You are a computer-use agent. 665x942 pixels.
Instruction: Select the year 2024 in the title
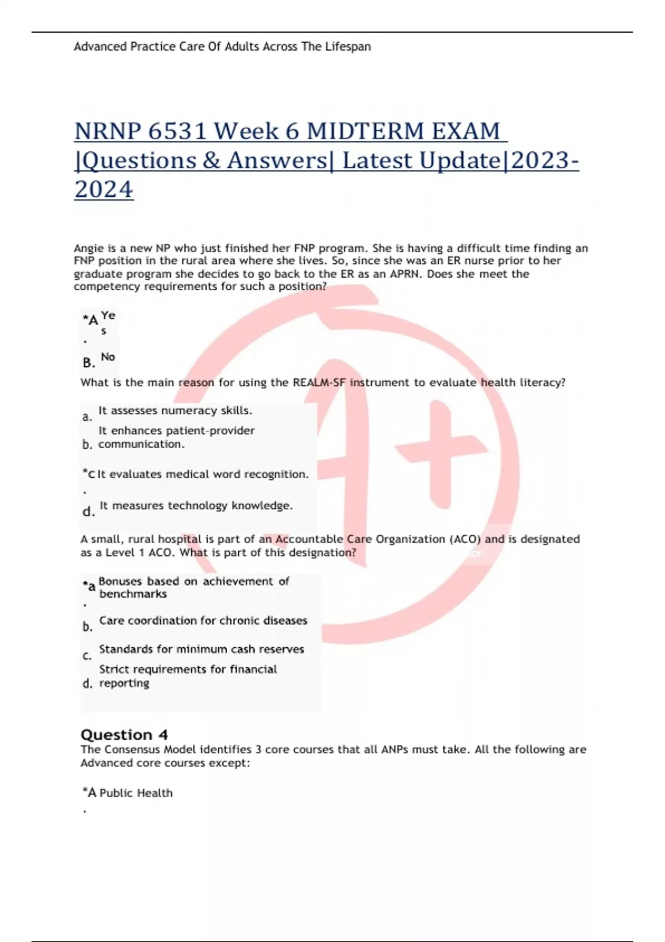(104, 190)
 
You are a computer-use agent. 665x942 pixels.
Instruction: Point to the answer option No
(108, 357)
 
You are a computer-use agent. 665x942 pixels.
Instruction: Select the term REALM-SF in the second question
(315, 382)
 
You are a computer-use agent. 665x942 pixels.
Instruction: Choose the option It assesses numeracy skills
(175, 411)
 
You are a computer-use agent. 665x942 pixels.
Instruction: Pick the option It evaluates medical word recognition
(203, 474)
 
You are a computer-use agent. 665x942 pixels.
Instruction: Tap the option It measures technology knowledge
(196, 505)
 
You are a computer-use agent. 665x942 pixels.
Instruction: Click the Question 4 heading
(124, 735)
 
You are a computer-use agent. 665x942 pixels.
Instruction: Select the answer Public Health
(136, 793)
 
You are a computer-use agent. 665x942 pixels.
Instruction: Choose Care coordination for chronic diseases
(203, 621)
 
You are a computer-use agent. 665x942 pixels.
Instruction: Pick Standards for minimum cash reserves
(202, 649)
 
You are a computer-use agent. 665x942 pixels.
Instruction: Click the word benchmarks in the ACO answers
(133, 594)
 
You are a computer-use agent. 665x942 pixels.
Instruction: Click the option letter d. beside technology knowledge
(88, 511)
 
